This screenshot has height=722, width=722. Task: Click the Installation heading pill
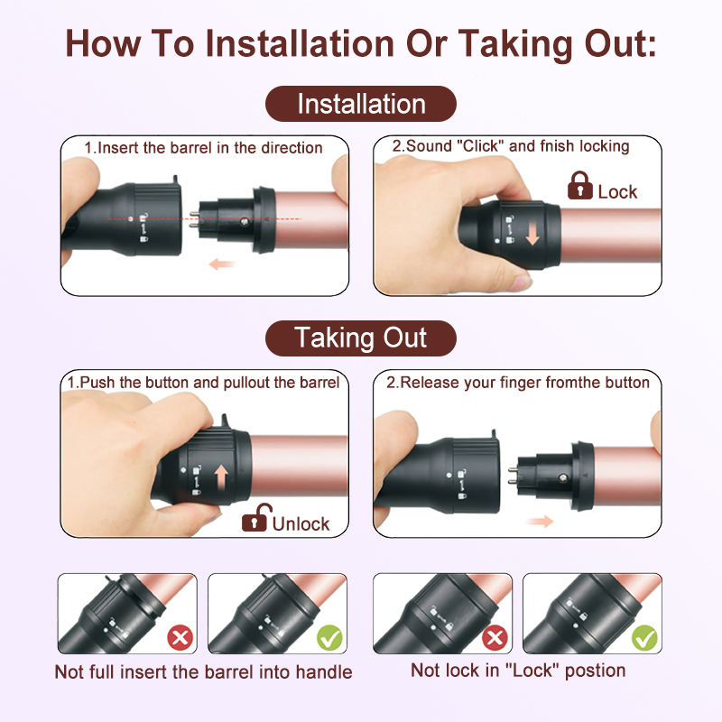click(x=361, y=104)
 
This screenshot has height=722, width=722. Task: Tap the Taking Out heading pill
click(x=361, y=338)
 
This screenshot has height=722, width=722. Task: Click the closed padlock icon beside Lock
click(x=579, y=187)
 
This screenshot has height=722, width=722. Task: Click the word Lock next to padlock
click(x=618, y=191)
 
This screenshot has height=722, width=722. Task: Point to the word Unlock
click(x=301, y=523)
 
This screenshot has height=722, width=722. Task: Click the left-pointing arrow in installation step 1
click(x=221, y=264)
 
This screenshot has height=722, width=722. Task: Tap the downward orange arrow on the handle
click(x=532, y=234)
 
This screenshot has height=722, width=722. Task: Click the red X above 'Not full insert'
click(x=180, y=639)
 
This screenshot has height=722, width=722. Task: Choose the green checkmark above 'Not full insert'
click(x=330, y=639)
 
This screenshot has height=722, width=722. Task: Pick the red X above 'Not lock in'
click(x=495, y=639)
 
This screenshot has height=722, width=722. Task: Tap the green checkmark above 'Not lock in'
click(x=644, y=639)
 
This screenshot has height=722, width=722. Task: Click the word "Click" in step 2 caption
click(x=488, y=146)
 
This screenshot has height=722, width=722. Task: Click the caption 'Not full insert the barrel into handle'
click(x=203, y=672)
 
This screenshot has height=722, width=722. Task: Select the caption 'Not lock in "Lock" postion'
click(x=518, y=670)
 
